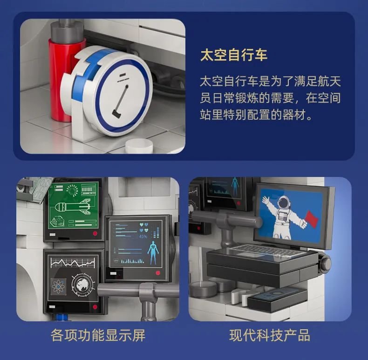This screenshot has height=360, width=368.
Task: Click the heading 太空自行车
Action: coord(234,55)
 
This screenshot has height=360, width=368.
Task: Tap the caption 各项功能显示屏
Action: coord(98,335)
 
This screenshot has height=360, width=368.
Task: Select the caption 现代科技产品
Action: coord(270,335)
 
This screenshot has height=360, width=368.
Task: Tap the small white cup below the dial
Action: coord(139,146)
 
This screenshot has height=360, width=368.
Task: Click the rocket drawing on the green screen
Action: coord(72,206)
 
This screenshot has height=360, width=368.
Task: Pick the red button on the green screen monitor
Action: coord(95,233)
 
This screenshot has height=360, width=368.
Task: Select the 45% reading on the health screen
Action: coord(143,237)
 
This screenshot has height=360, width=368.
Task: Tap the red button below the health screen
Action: coord(158,273)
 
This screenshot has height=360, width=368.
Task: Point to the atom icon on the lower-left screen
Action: coord(58,286)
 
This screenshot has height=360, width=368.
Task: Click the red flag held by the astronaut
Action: coord(312,219)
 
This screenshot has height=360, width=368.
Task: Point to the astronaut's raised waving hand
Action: coord(266,200)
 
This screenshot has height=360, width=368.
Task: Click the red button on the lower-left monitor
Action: coord(95,307)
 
